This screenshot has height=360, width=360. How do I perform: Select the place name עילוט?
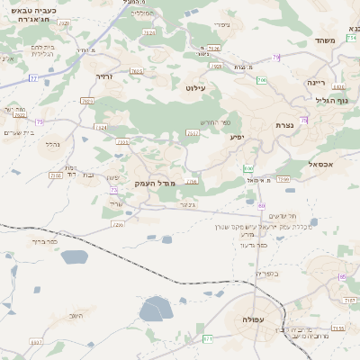click(x=195, y=88)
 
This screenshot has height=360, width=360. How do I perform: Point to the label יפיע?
click(x=237, y=137)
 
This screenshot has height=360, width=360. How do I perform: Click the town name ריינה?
click(x=316, y=82)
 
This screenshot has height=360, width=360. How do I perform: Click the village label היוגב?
click(x=76, y=316)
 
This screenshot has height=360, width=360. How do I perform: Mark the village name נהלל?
click(x=52, y=143)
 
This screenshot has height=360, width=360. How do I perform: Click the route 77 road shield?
click(x=33, y=78)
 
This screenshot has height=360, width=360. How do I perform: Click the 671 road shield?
click(x=208, y=338)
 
